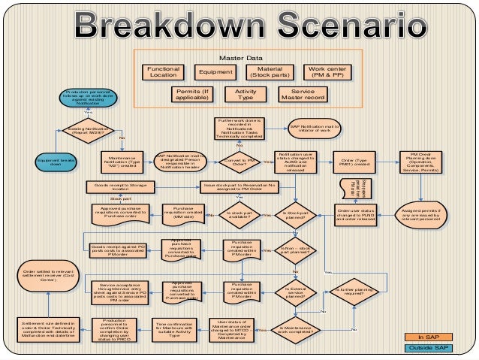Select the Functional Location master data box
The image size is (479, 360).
click(x=164, y=72)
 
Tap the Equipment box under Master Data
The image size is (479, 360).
click(x=215, y=72)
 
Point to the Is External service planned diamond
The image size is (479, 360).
click(x=295, y=291)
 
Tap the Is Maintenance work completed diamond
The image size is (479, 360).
click(x=295, y=329)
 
